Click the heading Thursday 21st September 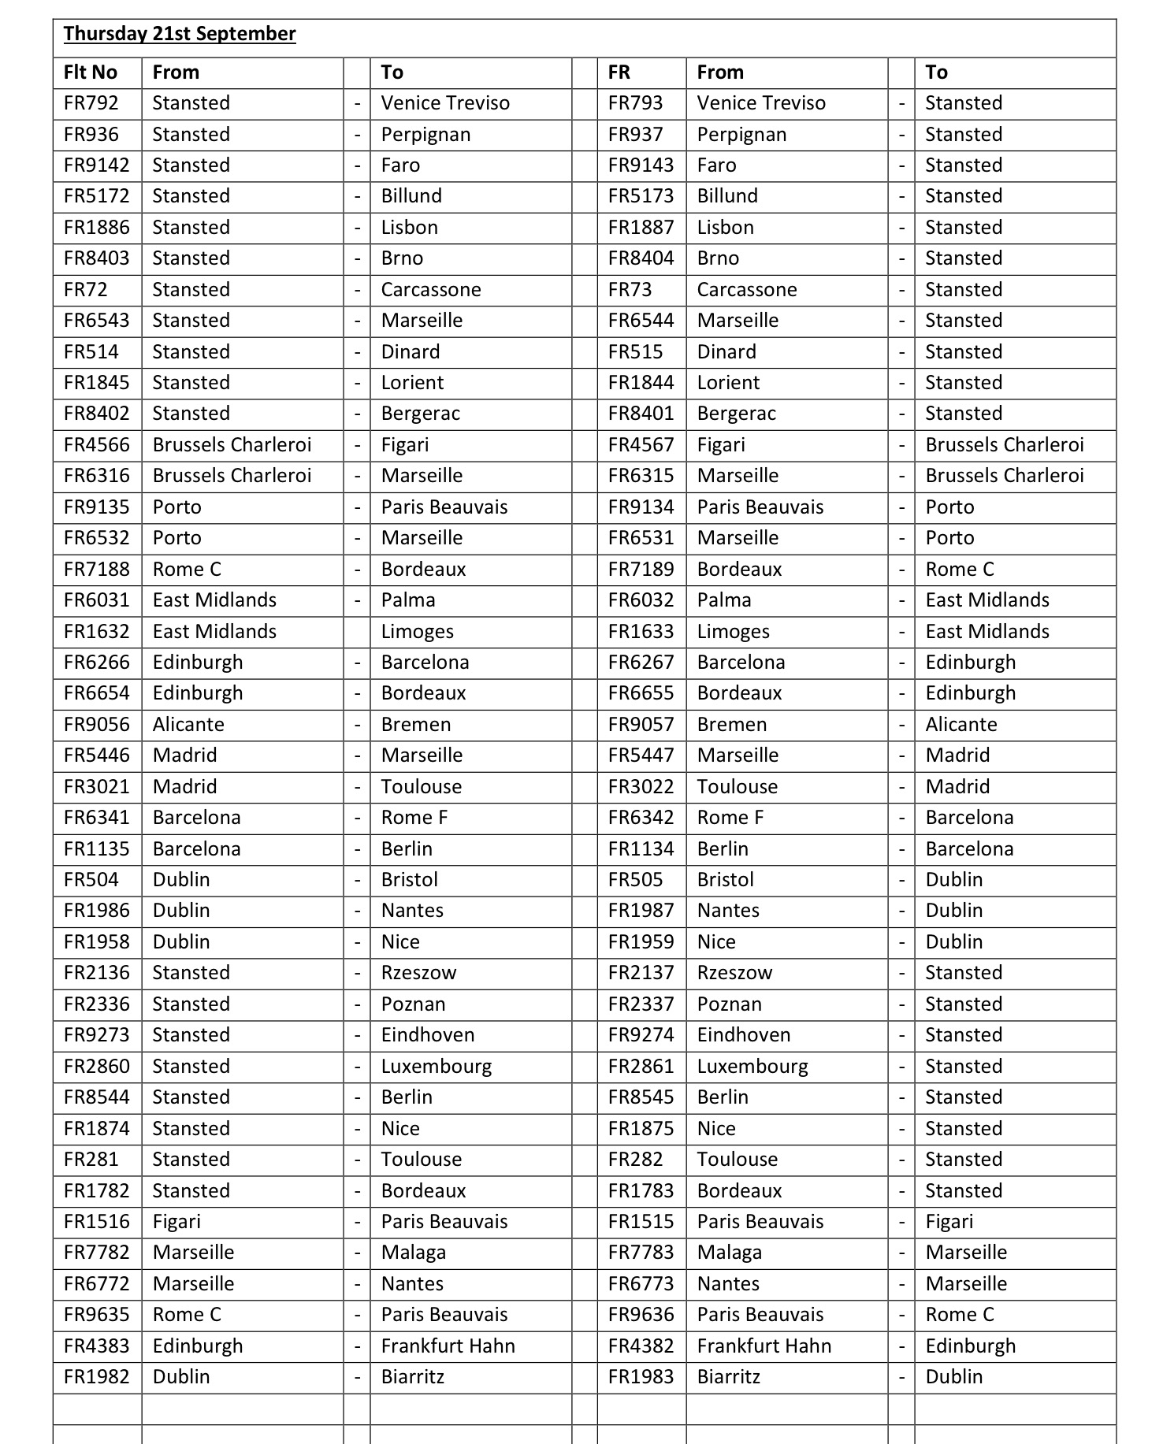pyautogui.click(x=180, y=34)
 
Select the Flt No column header pyautogui.click(x=91, y=72)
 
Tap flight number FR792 pyautogui.click(x=91, y=103)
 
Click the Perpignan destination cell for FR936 pyautogui.click(x=425, y=135)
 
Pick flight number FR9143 pyautogui.click(x=641, y=165)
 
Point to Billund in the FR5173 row pyautogui.click(x=726, y=196)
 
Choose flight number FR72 pyautogui.click(x=85, y=290)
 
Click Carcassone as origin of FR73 pyautogui.click(x=746, y=290)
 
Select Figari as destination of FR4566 pyautogui.click(x=405, y=445)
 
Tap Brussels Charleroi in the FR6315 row pyautogui.click(x=1004, y=476)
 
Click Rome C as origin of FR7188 pyautogui.click(x=187, y=570)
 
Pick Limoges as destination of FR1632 pyautogui.click(x=417, y=632)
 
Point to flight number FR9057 pyautogui.click(x=641, y=725)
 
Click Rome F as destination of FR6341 pyautogui.click(x=414, y=818)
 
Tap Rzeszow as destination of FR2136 pyautogui.click(x=418, y=973)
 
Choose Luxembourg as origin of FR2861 pyautogui.click(x=752, y=1067)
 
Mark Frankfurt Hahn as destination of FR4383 pyautogui.click(x=448, y=1346)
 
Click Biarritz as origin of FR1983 pyautogui.click(x=728, y=1377)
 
